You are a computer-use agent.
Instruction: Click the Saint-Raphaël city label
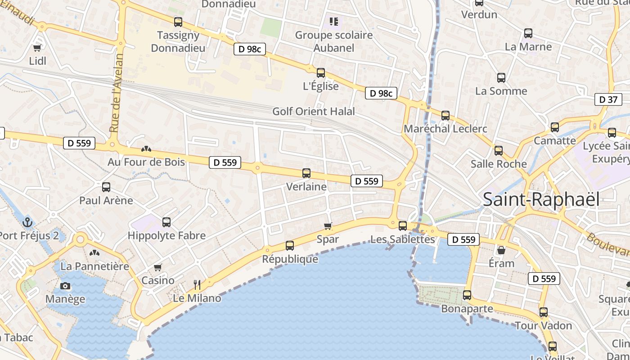click(x=541, y=199)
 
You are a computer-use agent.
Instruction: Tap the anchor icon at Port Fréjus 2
click(x=28, y=222)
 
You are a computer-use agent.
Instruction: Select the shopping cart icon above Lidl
click(x=37, y=47)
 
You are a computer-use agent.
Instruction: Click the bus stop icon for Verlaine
click(x=306, y=173)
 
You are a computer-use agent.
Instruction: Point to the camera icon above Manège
click(x=65, y=286)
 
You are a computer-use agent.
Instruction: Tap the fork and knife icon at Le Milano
click(x=197, y=284)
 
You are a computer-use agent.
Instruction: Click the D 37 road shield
click(x=608, y=99)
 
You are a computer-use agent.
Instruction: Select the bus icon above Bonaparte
click(x=467, y=295)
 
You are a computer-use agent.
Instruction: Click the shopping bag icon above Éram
click(x=501, y=250)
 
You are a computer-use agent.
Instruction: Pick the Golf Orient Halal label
click(x=314, y=111)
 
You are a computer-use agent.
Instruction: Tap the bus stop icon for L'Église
click(x=321, y=72)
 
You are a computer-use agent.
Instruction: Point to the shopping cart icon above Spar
click(x=328, y=226)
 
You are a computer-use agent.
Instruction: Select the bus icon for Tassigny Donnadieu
click(x=178, y=22)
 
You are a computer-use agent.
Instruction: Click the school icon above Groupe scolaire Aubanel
click(x=333, y=21)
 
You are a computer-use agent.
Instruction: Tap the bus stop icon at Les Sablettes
click(x=403, y=225)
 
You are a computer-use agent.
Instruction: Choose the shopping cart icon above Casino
click(x=158, y=267)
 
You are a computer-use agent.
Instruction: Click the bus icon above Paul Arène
click(x=106, y=187)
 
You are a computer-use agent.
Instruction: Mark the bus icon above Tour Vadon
click(x=544, y=312)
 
